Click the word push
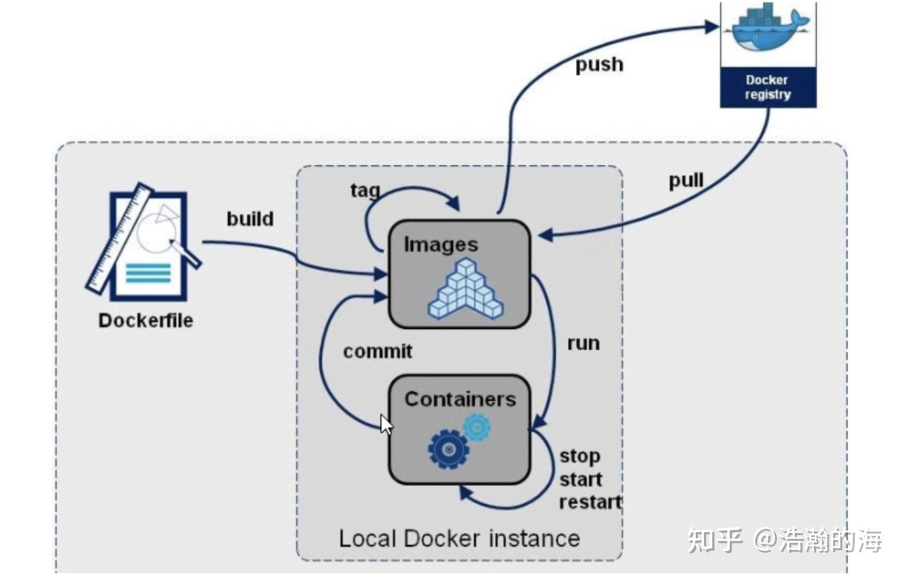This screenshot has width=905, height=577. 599,65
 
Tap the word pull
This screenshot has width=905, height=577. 686,180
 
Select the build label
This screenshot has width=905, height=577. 250,219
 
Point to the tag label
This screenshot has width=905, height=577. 365,191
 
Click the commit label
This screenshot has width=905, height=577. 377,351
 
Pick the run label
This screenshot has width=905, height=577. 583,343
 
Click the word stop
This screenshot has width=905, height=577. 580,457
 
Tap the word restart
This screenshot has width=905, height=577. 590,502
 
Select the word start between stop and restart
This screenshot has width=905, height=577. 581,479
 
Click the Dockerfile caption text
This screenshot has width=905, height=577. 145,320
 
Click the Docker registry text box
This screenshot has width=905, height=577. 768,87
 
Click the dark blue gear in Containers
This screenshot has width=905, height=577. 448,449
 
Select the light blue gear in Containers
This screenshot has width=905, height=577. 477,427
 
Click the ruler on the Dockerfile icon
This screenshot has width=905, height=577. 120,238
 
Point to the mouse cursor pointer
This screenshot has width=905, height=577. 385,424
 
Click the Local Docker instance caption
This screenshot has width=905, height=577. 459,539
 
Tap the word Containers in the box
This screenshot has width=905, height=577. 460,399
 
